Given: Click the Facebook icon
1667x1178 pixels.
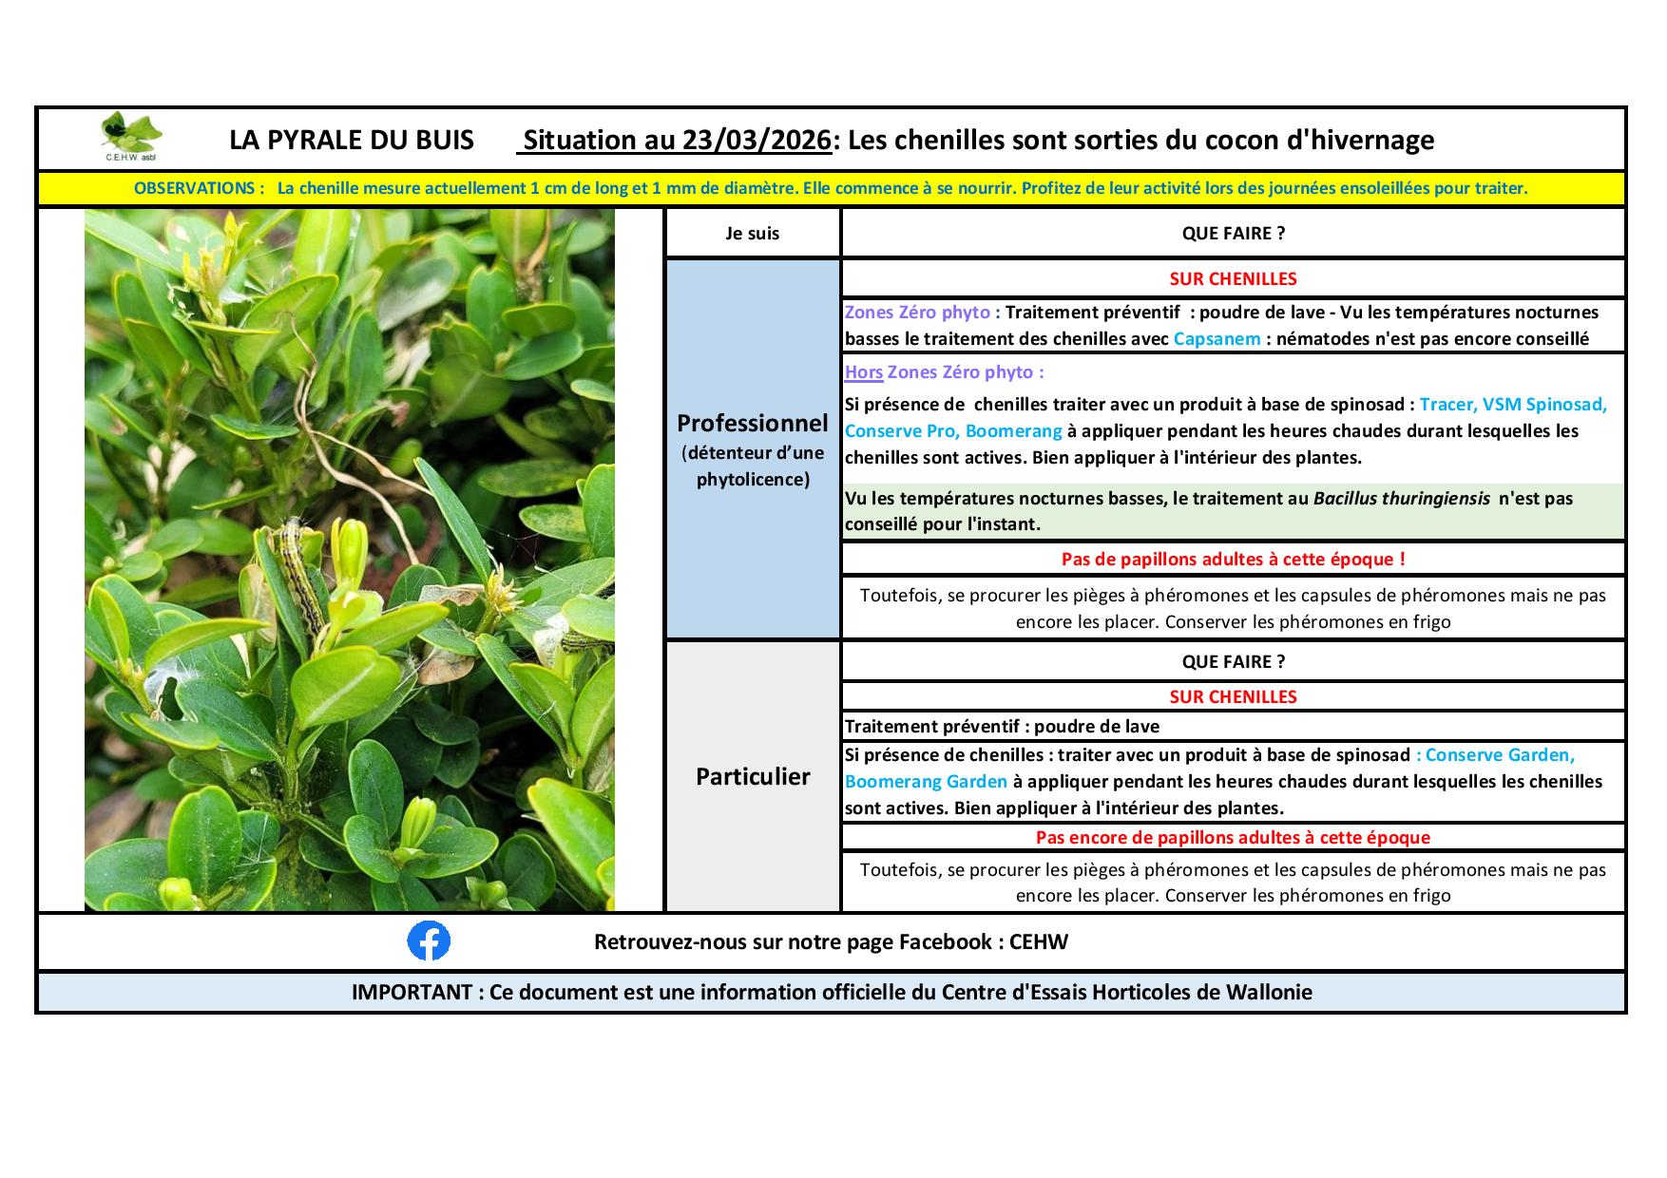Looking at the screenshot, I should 429,941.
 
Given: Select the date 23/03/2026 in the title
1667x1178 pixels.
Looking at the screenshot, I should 757,141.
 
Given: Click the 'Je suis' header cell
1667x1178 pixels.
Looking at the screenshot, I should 752,234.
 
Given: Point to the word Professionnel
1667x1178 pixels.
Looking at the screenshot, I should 752,423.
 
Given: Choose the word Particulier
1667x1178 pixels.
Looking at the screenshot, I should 753,777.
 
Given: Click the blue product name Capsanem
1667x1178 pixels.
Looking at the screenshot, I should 1217,339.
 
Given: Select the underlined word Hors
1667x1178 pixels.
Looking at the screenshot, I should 863,372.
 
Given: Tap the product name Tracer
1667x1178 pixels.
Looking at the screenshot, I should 1447,405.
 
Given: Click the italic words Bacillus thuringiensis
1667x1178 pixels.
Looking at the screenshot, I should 1401,498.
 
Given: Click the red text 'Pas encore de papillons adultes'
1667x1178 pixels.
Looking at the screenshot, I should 1233,838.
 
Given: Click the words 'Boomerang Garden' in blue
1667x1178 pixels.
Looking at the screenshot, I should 926,782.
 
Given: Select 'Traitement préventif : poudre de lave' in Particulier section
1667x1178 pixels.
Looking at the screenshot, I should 1002,727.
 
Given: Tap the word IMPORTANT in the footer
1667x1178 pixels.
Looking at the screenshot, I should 411,993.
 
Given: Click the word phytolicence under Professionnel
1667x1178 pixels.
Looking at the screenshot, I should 753,480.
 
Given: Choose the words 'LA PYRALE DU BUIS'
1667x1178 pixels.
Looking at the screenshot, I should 351,141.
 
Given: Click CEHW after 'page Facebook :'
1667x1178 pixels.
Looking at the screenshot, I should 1039,942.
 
